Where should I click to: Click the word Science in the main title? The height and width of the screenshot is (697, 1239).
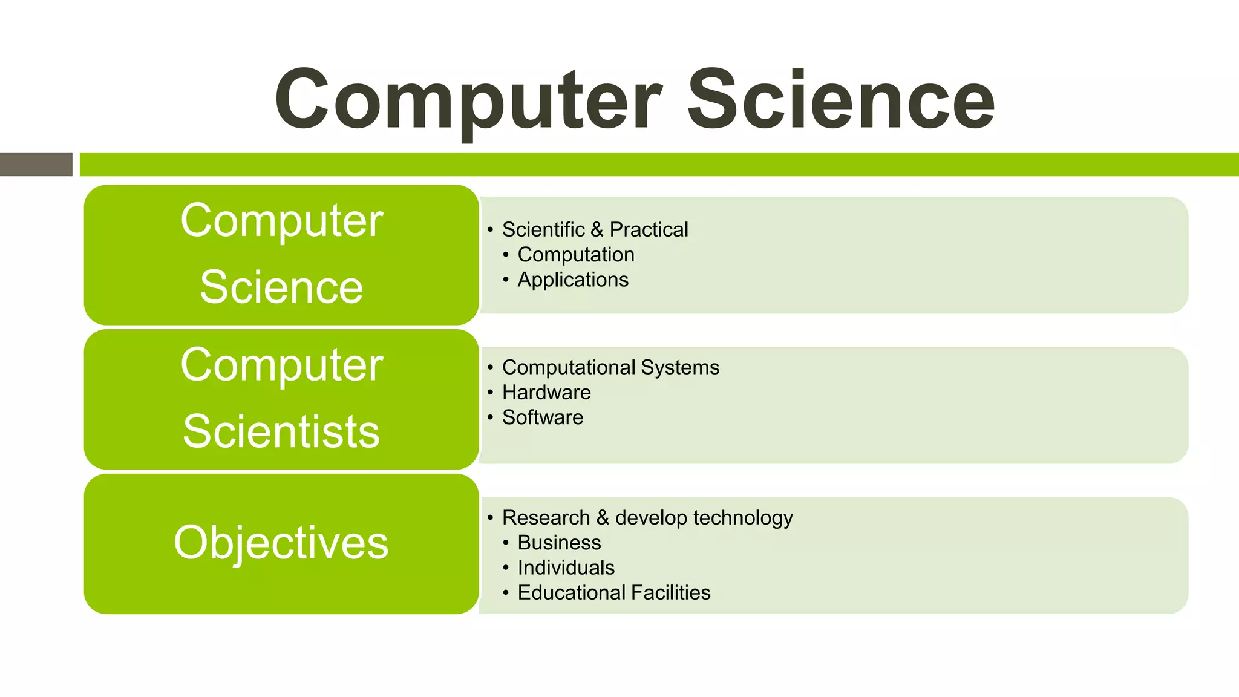pyautogui.click(x=841, y=100)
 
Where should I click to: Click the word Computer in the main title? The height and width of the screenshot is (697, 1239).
pyautogui.click(x=469, y=100)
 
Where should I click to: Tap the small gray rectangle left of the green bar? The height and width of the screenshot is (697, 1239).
pyautogui.click(x=36, y=165)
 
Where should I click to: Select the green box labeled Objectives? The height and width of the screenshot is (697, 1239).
pyautogui.click(x=281, y=543)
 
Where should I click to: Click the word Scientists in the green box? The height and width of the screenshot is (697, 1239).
pyautogui.click(x=281, y=431)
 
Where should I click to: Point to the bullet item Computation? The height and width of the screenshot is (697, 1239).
pyautogui.click(x=576, y=255)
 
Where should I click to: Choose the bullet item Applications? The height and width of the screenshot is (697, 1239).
pyautogui.click(x=573, y=280)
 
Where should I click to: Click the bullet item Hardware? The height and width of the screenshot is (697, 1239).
pyautogui.click(x=546, y=392)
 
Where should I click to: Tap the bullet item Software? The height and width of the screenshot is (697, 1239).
pyautogui.click(x=543, y=417)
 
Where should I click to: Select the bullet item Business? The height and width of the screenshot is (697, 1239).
pyautogui.click(x=559, y=543)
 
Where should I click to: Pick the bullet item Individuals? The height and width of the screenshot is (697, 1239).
pyautogui.click(x=566, y=568)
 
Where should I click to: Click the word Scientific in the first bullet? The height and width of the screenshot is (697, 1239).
pyautogui.click(x=543, y=230)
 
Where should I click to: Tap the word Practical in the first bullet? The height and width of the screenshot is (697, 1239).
pyautogui.click(x=649, y=230)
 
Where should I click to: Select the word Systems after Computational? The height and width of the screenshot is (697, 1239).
pyautogui.click(x=680, y=367)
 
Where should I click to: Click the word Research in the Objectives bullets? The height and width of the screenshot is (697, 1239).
pyautogui.click(x=546, y=518)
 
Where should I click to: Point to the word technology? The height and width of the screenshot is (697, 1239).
pyautogui.click(x=743, y=518)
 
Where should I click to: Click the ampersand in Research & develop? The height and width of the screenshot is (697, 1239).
pyautogui.click(x=602, y=518)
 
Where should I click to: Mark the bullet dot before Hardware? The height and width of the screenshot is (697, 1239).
pyautogui.click(x=490, y=392)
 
